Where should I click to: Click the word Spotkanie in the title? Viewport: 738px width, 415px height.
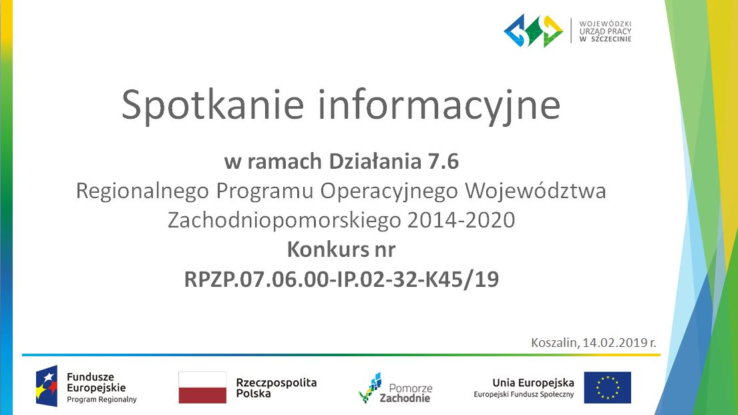tap(212, 105)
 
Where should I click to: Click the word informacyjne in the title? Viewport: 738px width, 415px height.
tap(439, 105)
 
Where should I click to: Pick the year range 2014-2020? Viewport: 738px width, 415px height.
tap(462, 220)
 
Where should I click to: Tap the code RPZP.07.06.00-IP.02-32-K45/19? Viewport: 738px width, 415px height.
tap(341, 279)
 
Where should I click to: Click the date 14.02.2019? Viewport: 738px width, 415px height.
tap(614, 343)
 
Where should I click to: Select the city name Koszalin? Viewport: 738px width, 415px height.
tap(555, 343)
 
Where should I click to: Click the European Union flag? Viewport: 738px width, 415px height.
tap(608, 388)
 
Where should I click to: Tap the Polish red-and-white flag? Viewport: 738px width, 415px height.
tap(202, 388)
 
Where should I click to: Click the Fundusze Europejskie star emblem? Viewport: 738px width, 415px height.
tap(47, 386)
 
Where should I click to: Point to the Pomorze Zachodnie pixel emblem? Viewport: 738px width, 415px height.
tap(371, 388)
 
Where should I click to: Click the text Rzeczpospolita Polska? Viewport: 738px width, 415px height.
tap(276, 388)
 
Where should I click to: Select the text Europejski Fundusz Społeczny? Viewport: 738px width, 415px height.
tap(524, 395)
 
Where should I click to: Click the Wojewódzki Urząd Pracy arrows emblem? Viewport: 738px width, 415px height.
tap(533, 31)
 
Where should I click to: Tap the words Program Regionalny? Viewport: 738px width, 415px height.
tap(102, 400)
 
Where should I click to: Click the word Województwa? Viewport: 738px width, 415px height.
tap(536, 191)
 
